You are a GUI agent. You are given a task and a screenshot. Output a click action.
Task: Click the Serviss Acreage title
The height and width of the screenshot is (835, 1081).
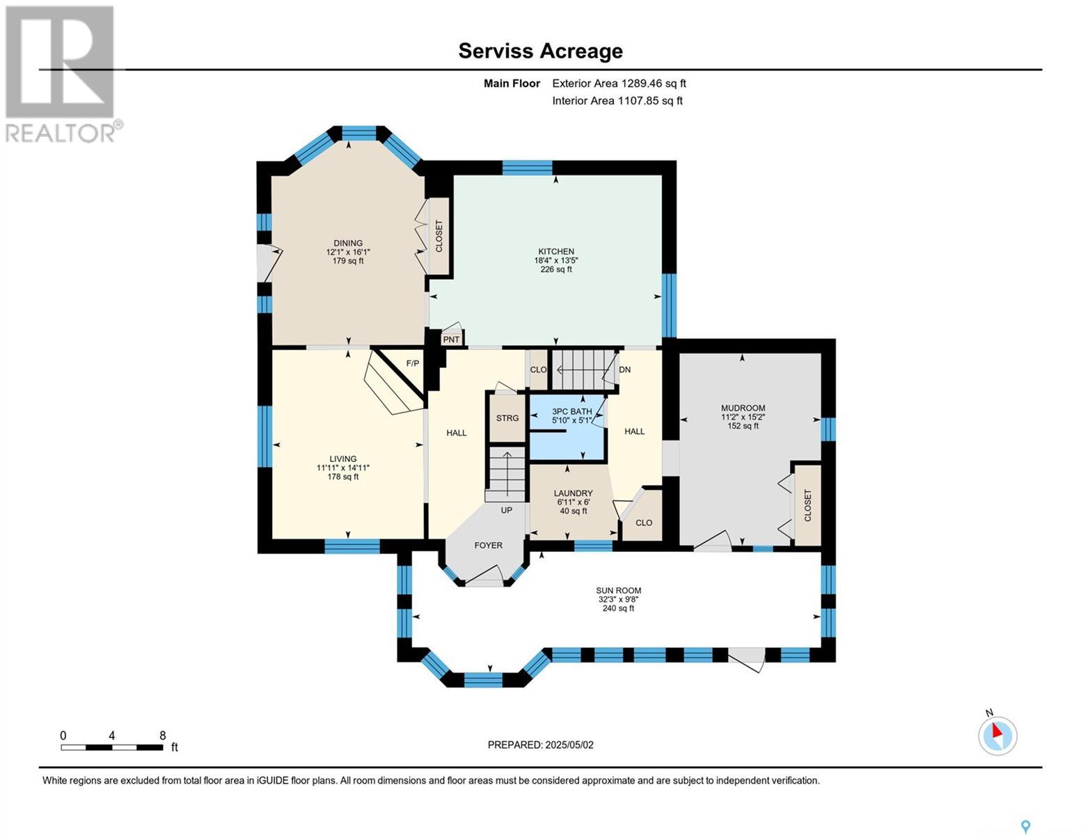click(x=540, y=51)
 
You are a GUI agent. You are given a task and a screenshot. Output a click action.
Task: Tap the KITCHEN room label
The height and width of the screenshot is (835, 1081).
click(x=556, y=252)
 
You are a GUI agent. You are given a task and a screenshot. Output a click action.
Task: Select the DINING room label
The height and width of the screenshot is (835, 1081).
click(x=348, y=243)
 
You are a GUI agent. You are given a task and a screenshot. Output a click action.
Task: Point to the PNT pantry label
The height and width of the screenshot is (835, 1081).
click(x=451, y=340)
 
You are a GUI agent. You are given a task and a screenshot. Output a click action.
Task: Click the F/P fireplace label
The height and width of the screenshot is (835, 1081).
click(x=412, y=363)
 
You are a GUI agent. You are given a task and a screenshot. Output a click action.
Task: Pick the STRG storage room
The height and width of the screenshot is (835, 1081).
click(x=507, y=418)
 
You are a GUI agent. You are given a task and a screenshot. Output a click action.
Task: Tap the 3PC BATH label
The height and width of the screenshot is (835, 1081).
click(x=572, y=412)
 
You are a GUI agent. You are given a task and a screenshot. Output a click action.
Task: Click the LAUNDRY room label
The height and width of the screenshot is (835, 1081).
click(x=573, y=493)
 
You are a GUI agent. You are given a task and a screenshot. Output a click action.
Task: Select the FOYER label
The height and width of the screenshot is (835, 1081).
click(x=489, y=546)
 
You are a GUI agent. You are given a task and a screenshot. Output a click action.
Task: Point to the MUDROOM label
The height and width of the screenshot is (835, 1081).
click(x=743, y=408)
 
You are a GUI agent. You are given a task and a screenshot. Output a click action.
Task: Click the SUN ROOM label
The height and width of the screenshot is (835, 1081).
click(x=618, y=591)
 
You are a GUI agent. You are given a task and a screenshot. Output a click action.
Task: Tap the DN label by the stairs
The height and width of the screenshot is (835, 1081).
click(x=625, y=369)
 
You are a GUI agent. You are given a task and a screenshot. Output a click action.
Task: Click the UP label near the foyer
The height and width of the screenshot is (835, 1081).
click(x=507, y=510)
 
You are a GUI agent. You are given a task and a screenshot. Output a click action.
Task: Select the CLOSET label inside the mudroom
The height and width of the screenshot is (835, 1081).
click(x=808, y=506)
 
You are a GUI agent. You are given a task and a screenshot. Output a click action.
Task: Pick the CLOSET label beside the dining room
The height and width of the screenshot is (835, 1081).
click(x=439, y=236)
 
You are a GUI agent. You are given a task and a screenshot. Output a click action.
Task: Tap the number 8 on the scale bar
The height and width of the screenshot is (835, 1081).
click(x=163, y=735)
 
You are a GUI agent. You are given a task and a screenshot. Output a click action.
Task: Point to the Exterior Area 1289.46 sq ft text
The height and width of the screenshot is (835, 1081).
click(x=619, y=83)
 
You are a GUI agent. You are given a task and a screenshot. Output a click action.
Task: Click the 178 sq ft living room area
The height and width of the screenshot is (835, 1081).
click(x=342, y=477)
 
